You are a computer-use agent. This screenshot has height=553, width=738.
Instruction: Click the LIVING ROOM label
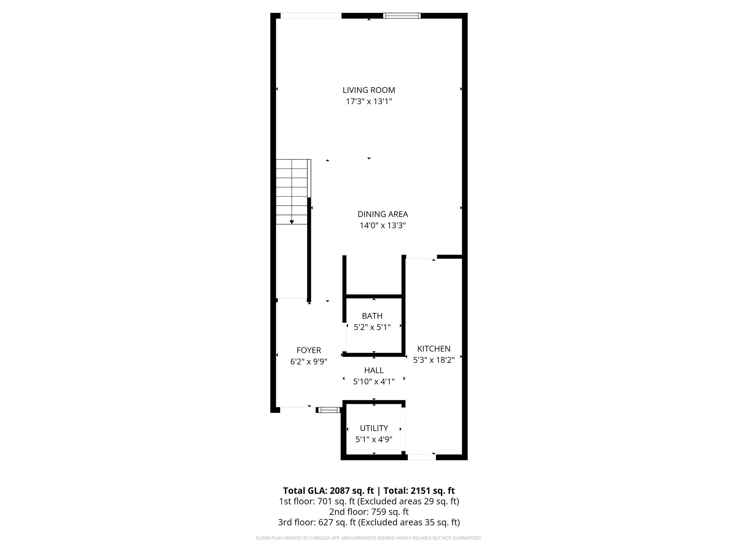369,90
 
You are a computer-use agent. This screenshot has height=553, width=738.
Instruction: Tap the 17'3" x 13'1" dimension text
369,102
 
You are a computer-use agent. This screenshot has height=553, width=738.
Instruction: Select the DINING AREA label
382,214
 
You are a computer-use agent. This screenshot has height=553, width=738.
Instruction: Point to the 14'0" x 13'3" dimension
382,226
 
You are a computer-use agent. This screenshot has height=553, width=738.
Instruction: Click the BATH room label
372,316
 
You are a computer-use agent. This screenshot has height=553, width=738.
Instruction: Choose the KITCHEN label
434,349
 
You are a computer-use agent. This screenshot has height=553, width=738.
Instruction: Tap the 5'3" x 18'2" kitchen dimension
434,360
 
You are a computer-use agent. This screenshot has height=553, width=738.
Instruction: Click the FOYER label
308,350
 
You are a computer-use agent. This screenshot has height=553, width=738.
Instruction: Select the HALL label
374,370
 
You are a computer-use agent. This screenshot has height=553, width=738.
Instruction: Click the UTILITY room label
374,428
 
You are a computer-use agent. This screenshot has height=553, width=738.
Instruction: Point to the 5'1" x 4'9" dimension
374,439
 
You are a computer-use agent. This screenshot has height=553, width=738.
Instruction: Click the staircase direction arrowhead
292,222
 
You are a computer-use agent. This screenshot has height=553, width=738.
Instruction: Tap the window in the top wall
401,15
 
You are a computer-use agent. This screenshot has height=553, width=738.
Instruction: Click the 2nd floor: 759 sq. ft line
369,512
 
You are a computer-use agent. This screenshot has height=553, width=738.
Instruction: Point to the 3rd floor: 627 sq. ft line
369,522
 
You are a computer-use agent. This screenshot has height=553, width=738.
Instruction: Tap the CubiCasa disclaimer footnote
369,538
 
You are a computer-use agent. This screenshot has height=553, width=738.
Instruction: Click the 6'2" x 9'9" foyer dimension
308,362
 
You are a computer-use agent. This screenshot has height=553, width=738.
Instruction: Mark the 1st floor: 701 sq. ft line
369,501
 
